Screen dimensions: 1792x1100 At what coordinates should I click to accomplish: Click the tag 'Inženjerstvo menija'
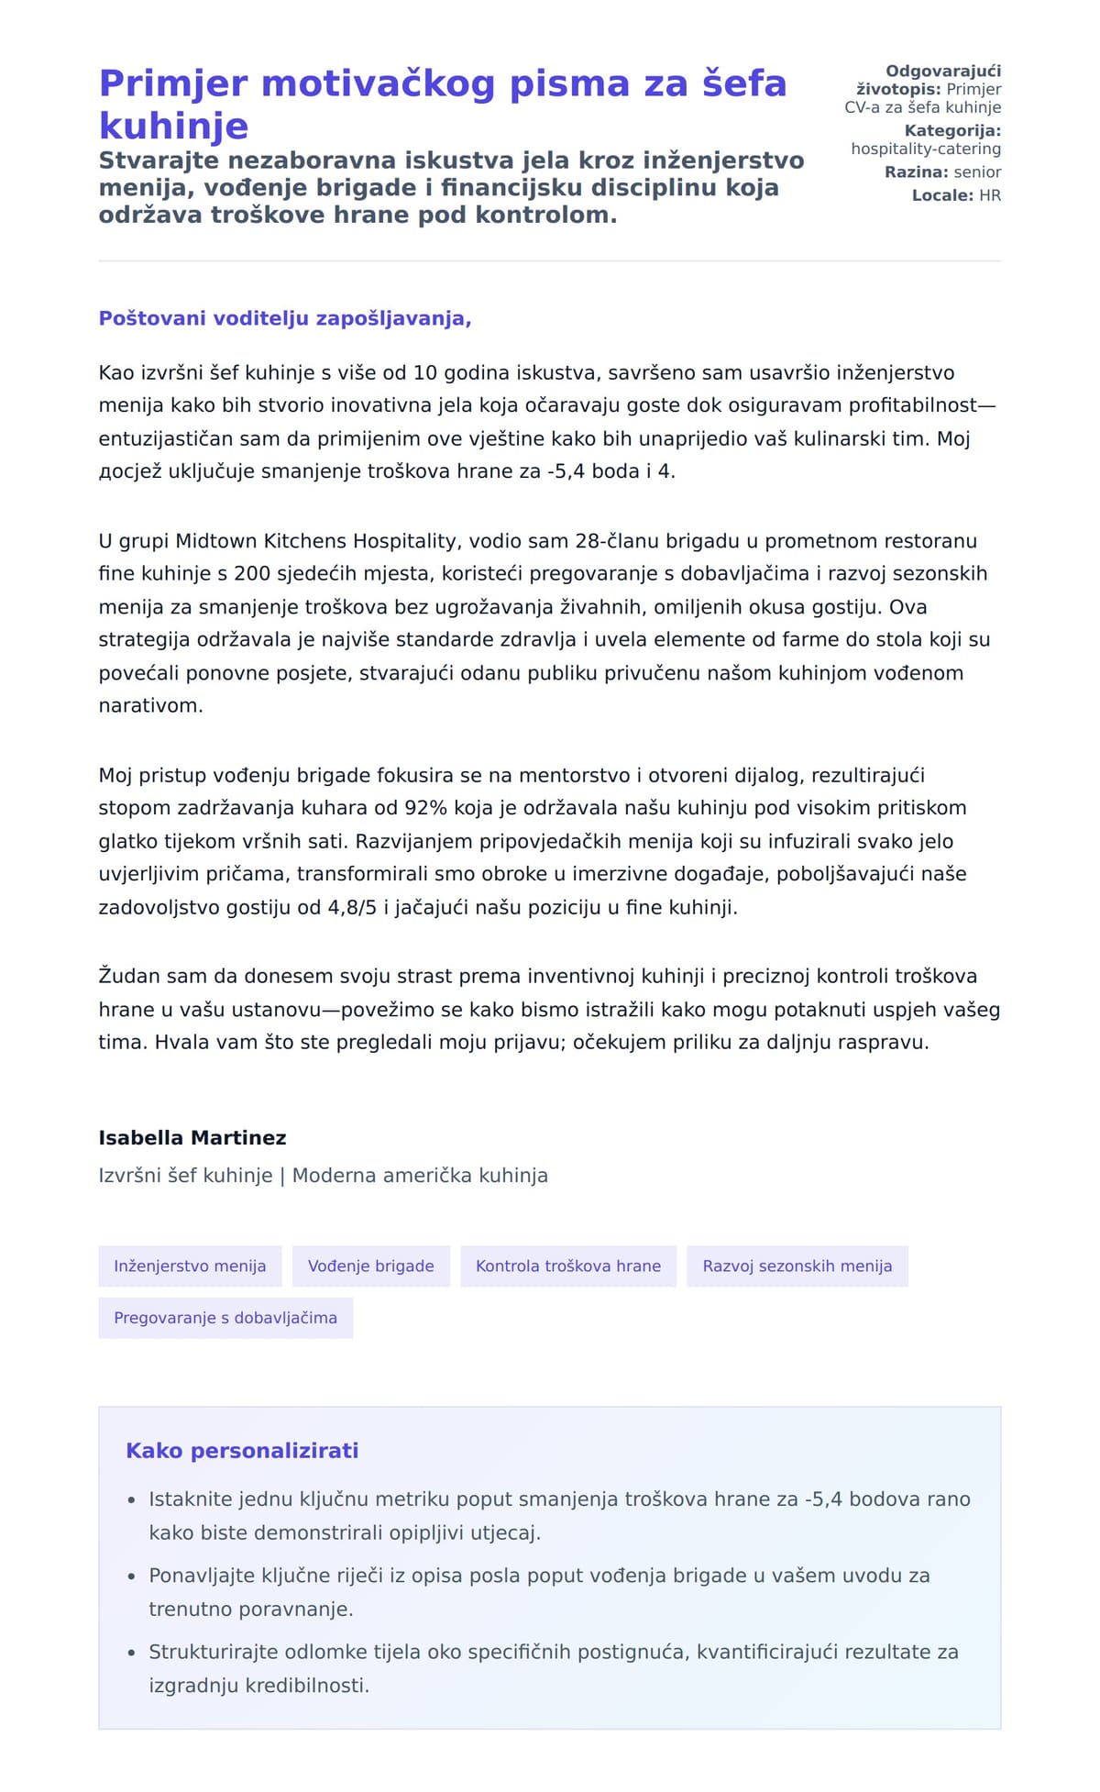(x=190, y=1266)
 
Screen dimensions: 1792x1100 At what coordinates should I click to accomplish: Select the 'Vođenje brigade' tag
(x=370, y=1266)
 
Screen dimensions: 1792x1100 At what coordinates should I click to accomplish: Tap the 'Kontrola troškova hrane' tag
(x=567, y=1266)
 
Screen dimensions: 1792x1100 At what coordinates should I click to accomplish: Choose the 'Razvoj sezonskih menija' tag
(x=797, y=1266)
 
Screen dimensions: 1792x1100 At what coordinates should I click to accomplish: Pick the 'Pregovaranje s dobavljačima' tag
(x=225, y=1317)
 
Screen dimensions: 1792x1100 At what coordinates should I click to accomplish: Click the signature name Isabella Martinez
(x=192, y=1137)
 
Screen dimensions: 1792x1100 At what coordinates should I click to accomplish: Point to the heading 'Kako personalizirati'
(x=242, y=1450)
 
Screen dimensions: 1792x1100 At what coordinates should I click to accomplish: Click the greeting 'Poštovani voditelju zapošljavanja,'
(x=285, y=318)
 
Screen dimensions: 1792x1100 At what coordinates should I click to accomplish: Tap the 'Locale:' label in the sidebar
(x=942, y=195)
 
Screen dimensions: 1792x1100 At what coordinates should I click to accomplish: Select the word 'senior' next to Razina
(x=977, y=172)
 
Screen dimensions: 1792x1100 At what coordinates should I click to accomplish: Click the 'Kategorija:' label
(x=952, y=131)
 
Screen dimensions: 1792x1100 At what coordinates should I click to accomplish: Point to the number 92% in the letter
(x=425, y=808)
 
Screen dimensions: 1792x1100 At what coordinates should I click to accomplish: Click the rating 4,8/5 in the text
(x=352, y=908)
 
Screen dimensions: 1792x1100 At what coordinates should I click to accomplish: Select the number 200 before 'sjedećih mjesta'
(x=252, y=574)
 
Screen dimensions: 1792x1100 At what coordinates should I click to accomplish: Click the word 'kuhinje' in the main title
(x=174, y=126)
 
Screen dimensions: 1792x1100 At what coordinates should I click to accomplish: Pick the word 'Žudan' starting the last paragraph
(x=128, y=976)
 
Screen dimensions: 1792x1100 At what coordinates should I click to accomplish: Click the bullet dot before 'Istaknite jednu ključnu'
(x=131, y=1499)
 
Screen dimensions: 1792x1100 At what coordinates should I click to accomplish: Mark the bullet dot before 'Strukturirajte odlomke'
(x=131, y=1653)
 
